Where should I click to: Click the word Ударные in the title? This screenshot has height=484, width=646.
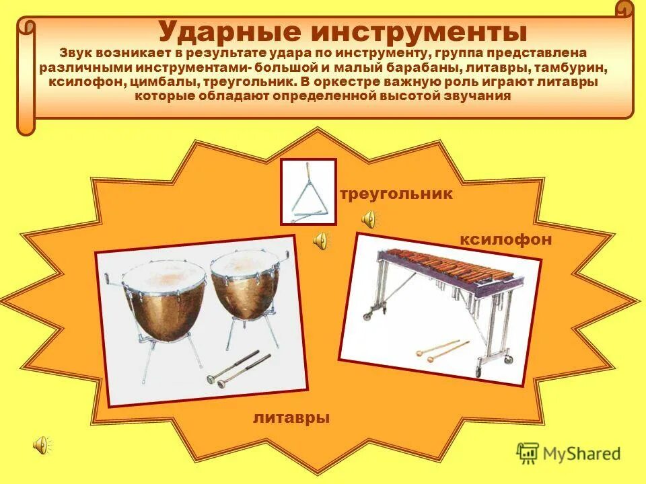point(227,32)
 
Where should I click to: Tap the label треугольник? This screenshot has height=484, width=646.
point(396,194)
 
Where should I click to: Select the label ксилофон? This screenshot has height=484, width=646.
point(505,239)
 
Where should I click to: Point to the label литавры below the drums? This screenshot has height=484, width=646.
point(291,417)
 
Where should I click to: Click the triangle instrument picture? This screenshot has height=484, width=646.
point(308,192)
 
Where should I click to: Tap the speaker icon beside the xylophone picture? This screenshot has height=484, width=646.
point(322,241)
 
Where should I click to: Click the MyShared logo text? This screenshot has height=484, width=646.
point(583,453)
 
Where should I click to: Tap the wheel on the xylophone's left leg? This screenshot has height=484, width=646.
point(369,315)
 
